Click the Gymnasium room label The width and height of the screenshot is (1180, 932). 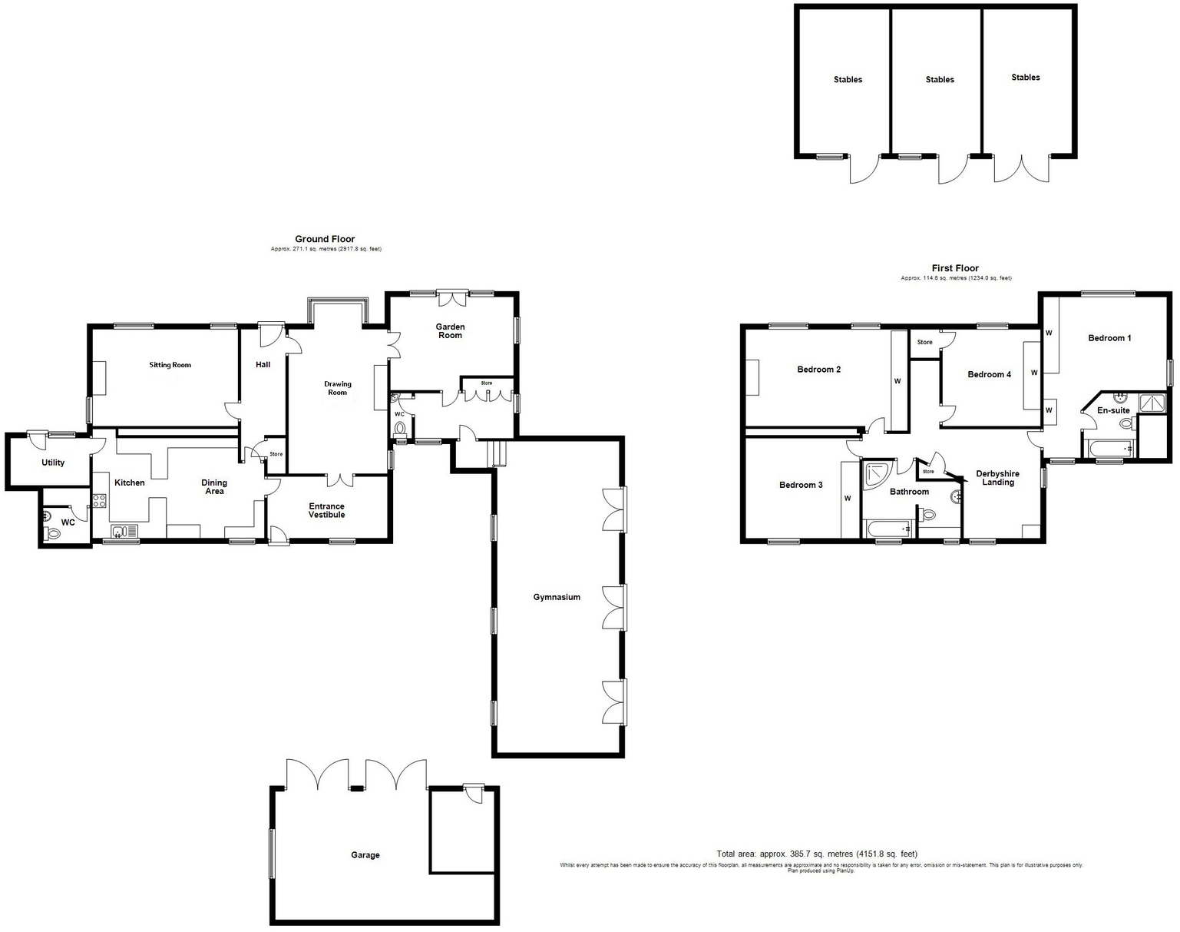tap(557, 597)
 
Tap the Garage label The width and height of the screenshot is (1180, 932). tap(365, 854)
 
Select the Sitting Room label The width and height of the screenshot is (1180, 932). tap(170, 364)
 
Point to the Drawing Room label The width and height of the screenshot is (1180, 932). tap(338, 388)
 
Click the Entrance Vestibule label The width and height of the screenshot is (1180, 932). tap(327, 510)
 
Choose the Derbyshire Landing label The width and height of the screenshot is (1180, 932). tap(998, 478)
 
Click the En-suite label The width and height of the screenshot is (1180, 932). tap(1114, 410)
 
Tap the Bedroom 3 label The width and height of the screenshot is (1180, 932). tap(801, 485)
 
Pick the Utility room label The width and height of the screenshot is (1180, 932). tap(53, 463)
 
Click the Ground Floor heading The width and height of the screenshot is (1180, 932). tap(325, 239)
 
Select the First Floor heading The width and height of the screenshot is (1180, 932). tap(955, 268)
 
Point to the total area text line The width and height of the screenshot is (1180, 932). tap(817, 854)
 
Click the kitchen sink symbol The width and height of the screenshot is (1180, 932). tap(126, 532)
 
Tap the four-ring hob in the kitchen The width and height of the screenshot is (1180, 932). tap(100, 501)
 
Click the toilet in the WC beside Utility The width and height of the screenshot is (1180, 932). tap(53, 533)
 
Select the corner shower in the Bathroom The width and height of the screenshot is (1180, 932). tap(878, 476)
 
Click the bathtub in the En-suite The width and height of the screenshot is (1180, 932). tap(1108, 449)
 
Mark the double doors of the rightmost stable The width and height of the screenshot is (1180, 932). tap(1022, 168)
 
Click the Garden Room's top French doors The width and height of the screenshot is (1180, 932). tap(452, 298)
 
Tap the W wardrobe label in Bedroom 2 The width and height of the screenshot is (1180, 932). tap(897, 381)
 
